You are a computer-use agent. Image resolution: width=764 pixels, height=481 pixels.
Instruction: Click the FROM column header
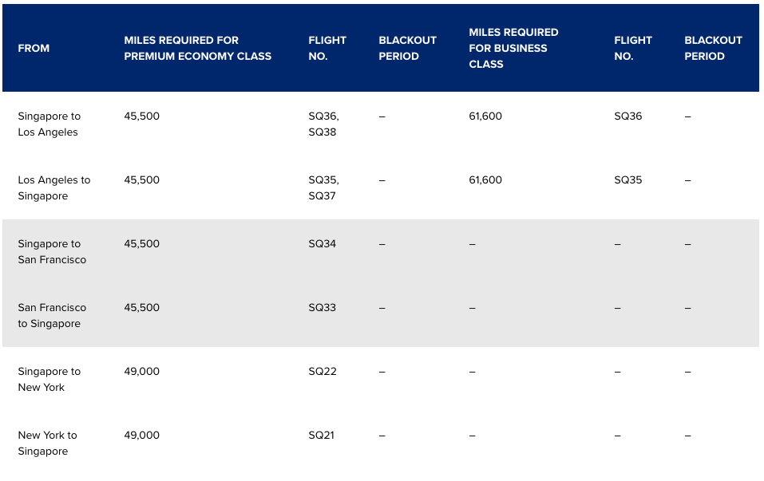pyautogui.click(x=34, y=49)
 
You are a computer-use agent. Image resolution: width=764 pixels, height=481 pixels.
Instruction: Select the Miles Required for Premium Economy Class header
pyautogui.click(x=197, y=49)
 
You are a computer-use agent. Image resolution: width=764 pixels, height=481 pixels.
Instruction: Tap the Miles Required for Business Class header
pyautogui.click(x=513, y=49)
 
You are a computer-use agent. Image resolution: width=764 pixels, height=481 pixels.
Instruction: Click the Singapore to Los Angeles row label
pyautogui.click(x=49, y=124)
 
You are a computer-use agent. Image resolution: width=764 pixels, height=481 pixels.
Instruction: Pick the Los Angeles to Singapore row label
pyautogui.click(x=53, y=188)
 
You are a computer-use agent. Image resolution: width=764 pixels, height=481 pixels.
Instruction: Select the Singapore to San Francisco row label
pyautogui.click(x=52, y=252)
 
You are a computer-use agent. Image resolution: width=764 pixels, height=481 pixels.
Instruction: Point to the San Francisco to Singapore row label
pyautogui.click(x=52, y=316)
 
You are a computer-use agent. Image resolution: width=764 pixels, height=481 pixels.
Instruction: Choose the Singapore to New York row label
pyautogui.click(x=49, y=380)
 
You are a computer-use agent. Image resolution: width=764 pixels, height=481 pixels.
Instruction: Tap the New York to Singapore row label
pyautogui.click(x=47, y=444)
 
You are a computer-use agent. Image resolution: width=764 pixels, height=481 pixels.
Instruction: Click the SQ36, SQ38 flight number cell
pyautogui.click(x=323, y=124)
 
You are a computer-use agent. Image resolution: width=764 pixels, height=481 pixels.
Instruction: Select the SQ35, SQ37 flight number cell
pyautogui.click(x=323, y=188)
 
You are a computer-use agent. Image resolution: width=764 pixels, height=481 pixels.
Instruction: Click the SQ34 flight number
pyautogui.click(x=322, y=244)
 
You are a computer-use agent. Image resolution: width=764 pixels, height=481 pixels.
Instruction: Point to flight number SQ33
pyautogui.click(x=322, y=308)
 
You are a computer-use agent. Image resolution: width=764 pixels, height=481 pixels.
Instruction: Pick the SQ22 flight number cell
pyautogui.click(x=322, y=372)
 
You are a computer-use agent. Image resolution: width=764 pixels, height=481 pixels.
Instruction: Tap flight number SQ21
pyautogui.click(x=321, y=436)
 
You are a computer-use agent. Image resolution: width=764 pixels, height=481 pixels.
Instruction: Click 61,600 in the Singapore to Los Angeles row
pyautogui.click(x=485, y=116)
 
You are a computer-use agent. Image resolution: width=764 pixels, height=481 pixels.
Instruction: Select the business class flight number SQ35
pyautogui.click(x=627, y=180)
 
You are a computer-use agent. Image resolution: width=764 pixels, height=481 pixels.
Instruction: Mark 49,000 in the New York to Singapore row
pyautogui.click(x=141, y=436)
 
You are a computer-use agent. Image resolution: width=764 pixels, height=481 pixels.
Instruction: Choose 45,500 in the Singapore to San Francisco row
pyautogui.click(x=141, y=244)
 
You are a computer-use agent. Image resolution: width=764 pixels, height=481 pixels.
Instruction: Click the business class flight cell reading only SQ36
pyautogui.click(x=627, y=116)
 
